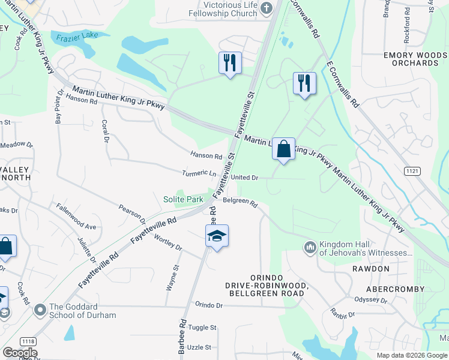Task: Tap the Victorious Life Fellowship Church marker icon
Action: (x=268, y=8)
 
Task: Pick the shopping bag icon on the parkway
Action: (x=283, y=149)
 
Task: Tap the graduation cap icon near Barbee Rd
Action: (x=217, y=236)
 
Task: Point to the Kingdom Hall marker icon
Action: (x=310, y=247)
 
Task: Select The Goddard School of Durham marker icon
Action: (x=41, y=310)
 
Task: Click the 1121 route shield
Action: (x=412, y=172)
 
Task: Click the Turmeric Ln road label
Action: (x=199, y=173)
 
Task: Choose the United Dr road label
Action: (x=244, y=178)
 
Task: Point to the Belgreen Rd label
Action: (x=240, y=203)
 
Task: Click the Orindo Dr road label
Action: (x=208, y=305)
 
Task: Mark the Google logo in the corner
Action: (x=20, y=353)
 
